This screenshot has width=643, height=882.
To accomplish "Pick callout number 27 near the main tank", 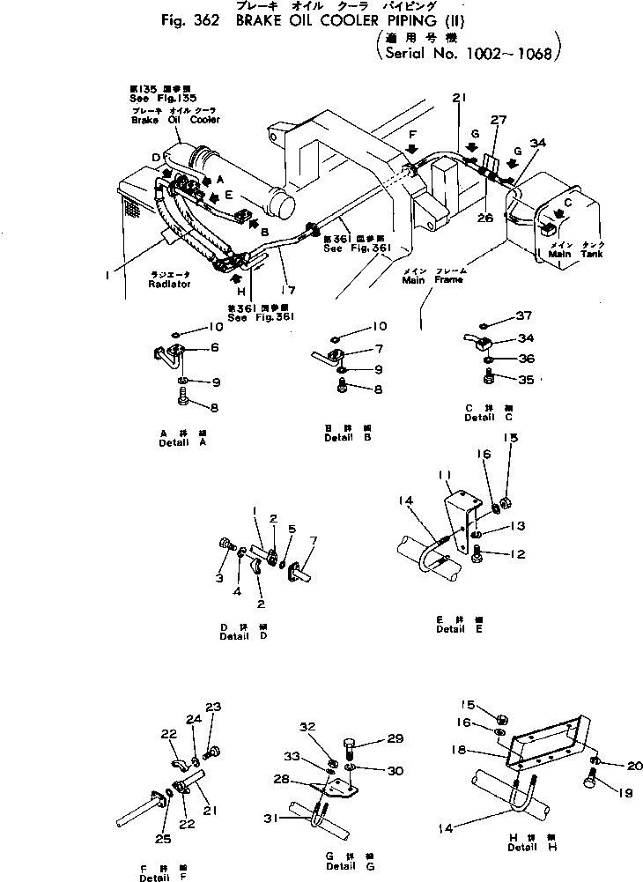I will [x=499, y=120].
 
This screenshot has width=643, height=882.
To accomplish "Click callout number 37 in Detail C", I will [x=525, y=316].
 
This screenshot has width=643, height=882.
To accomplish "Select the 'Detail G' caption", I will [x=339, y=866].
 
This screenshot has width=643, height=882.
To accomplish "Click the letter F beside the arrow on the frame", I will [x=410, y=133].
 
